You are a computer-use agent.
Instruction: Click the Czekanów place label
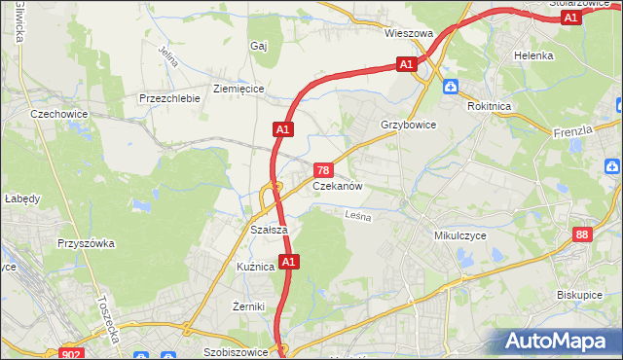coord(338,185)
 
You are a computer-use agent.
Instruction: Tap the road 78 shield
coord(321,170)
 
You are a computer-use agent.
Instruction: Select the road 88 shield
coord(582,234)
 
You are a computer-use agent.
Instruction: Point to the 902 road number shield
coord(69,354)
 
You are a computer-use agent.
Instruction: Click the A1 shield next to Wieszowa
coord(407,64)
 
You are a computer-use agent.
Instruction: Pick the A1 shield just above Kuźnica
coord(288,262)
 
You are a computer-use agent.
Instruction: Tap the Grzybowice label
coord(408,126)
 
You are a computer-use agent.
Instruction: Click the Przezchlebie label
coord(169,98)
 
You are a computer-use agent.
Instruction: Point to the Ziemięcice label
coord(238,89)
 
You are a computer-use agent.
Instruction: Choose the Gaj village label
coord(258,46)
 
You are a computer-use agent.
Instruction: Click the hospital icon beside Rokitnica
coord(450,88)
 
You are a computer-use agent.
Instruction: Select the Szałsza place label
coord(268,230)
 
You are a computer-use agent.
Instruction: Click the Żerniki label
coord(249,306)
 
